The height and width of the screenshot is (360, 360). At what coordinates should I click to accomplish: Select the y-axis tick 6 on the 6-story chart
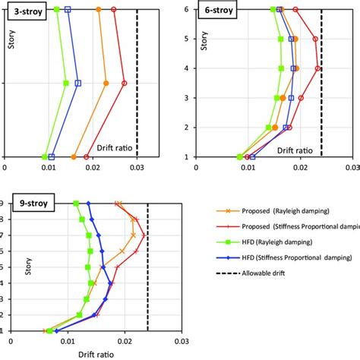[x=185, y=9]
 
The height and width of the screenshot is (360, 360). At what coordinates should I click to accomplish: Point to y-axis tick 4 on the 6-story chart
[x=185, y=68]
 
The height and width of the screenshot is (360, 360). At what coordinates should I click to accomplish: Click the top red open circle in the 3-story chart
[x=114, y=10]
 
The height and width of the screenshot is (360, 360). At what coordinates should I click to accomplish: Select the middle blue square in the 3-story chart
[x=77, y=84]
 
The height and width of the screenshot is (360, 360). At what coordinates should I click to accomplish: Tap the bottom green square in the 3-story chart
[x=45, y=157]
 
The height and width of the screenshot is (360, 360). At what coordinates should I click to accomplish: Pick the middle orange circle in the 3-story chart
[x=106, y=84]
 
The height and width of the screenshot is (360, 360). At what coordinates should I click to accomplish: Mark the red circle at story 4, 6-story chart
[x=318, y=68]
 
